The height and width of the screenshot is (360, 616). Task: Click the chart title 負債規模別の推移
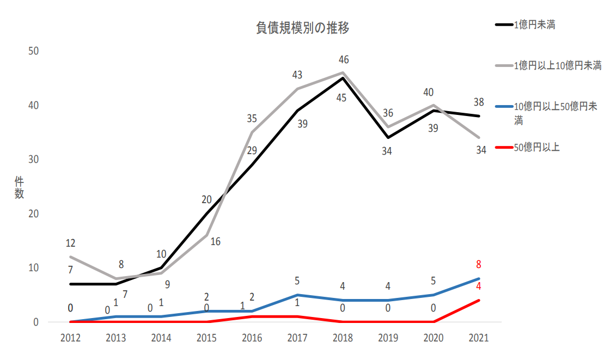tap(302, 28)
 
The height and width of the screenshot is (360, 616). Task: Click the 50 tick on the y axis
tap(33, 51)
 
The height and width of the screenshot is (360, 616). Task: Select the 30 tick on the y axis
tap(33, 159)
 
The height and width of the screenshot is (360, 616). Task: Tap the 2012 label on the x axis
tap(70, 338)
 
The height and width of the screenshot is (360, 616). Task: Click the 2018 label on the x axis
tap(343, 338)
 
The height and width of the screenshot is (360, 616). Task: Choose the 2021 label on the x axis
tap(479, 338)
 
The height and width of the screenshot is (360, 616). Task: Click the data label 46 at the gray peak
tap(343, 59)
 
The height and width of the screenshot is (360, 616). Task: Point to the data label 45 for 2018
tap(341, 99)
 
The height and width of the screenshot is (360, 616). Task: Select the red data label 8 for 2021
tap(479, 265)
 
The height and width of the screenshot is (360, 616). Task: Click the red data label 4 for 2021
tap(479, 286)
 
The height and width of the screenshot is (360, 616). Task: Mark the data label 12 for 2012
tap(70, 243)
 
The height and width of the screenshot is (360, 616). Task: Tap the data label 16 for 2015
tap(215, 241)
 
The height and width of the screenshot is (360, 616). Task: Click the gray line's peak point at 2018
tap(343, 72)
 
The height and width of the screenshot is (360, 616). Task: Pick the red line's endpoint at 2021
tap(479, 300)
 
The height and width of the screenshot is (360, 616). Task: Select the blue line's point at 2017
tap(297, 295)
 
